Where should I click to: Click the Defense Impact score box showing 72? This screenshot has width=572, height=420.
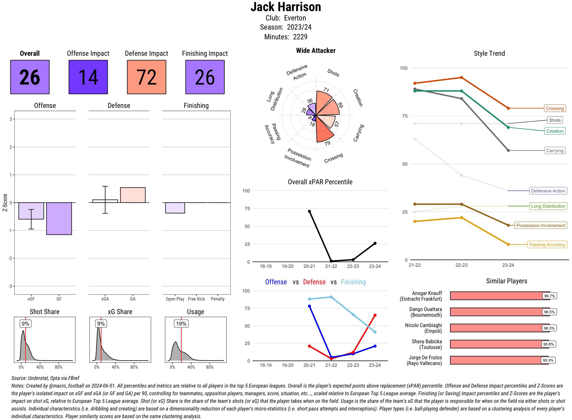coord(146,77)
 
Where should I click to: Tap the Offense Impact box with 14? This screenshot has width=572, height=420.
coord(88,77)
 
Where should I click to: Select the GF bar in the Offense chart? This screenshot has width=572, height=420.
coord(59,218)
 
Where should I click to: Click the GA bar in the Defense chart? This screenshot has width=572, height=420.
coord(133,195)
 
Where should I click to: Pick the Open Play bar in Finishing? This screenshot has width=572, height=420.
coord(175,208)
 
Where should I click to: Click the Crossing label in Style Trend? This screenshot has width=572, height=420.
coord(554,108)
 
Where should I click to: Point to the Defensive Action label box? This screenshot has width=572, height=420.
coord(548,191)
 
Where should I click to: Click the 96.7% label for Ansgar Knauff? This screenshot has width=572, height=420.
coord(549,296)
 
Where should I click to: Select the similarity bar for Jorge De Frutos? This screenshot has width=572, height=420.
coord(499,360)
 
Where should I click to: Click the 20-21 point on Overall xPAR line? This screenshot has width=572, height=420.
coord(309,211)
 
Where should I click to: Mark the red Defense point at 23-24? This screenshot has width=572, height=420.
coord(375,315)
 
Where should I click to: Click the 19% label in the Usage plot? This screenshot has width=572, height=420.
coord(181,324)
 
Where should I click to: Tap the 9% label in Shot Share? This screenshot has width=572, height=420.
coord(25,324)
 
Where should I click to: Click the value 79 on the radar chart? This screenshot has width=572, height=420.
coord(327,143)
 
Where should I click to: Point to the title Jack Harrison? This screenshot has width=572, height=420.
coord(286,7)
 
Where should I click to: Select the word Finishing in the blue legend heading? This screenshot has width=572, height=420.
coord(353,282)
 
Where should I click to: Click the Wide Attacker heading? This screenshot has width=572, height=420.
coord(316,51)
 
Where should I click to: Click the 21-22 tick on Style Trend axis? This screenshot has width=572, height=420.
coord(415,265)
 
